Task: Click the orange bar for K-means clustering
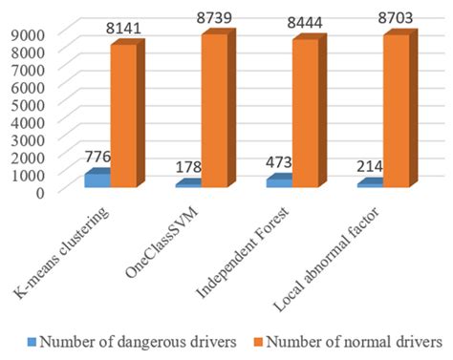tap(125, 115)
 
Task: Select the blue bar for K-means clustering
tap(97, 179)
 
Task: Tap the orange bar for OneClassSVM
tap(215, 109)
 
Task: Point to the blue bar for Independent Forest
tap(278, 180)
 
